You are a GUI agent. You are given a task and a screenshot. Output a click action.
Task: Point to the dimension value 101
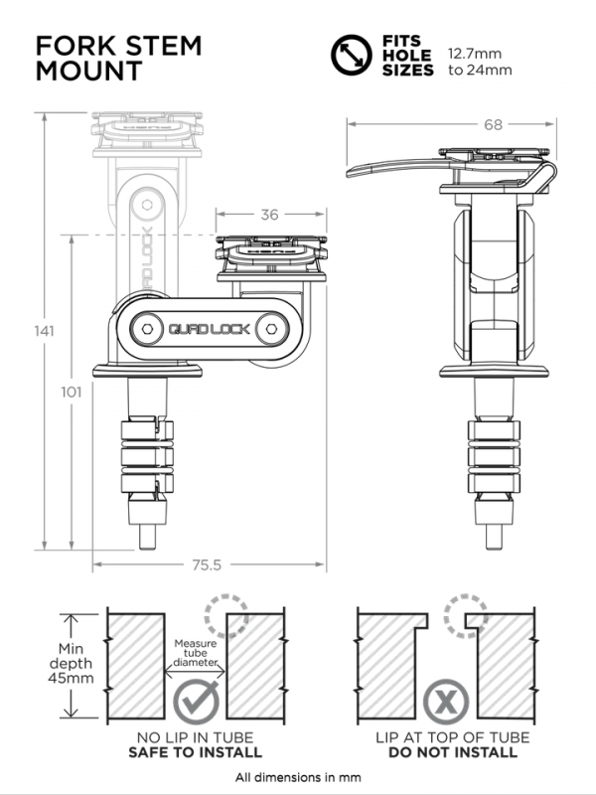point(71,393)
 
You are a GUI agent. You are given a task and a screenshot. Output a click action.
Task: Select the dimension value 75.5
point(208,564)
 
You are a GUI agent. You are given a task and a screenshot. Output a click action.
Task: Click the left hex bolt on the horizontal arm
point(146,328)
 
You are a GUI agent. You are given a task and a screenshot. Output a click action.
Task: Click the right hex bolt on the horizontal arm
point(269,328)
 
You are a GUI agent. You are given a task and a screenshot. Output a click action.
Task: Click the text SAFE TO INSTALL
point(197,752)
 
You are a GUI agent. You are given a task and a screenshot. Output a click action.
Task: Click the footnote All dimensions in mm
point(298,777)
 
